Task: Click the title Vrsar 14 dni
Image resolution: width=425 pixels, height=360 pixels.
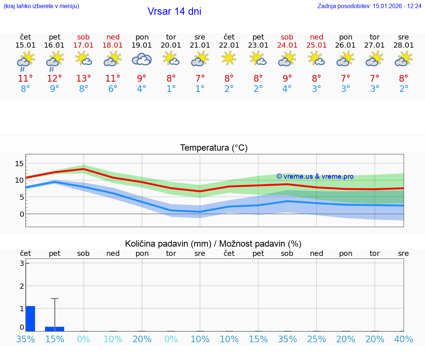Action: coord(174,11)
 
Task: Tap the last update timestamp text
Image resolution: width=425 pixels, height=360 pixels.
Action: coord(369,6)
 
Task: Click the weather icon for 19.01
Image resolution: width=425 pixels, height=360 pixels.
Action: coord(142,59)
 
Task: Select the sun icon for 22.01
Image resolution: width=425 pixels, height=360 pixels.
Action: coord(229,58)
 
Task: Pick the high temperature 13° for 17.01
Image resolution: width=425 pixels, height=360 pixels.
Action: coord(84,79)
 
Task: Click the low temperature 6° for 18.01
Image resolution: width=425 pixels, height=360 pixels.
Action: coord(113,89)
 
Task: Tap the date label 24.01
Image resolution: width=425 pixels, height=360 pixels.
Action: coord(287,45)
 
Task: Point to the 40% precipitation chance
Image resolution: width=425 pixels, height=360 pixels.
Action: coord(403,339)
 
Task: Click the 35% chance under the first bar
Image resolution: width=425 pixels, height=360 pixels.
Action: coord(25,339)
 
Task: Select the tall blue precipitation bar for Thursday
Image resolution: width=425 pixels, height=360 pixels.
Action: coord(31,319)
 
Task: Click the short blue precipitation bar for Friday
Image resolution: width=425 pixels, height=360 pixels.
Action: coord(55,329)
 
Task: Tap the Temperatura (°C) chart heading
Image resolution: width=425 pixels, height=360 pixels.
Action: coord(214,148)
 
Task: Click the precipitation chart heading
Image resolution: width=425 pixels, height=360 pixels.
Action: coord(213,244)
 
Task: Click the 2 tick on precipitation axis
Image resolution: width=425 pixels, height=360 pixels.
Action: coord(22,286)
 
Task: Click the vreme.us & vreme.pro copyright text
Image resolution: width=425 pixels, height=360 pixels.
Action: coord(315,176)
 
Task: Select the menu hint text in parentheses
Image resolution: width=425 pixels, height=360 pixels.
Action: coord(41,6)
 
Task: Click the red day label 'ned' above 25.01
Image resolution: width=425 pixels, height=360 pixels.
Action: coord(316,37)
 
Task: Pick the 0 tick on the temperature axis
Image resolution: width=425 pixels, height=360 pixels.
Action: coord(22,214)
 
